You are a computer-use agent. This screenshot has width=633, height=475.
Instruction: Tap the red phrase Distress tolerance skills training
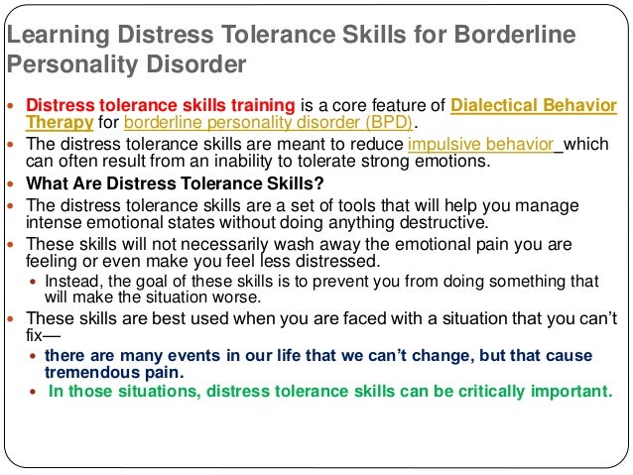(160, 106)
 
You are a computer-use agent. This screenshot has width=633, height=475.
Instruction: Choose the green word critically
(469, 392)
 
